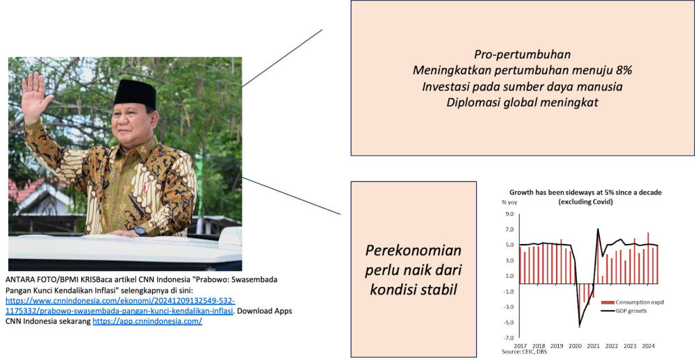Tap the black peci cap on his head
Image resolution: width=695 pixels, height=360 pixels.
tap(135, 93)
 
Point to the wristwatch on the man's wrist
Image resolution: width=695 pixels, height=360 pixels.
tap(140, 231)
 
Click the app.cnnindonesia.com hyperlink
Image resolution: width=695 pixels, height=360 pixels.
tap(147, 321)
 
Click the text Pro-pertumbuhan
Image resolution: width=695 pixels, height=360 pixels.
tap(522, 54)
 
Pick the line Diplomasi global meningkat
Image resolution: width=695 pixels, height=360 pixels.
tap(522, 102)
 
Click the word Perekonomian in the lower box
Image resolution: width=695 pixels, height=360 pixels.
tap(413, 250)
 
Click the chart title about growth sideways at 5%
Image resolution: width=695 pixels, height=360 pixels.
tap(585, 197)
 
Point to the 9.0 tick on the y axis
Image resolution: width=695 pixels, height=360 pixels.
tap(509, 214)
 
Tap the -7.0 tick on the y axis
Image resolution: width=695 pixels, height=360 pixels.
tap(508, 338)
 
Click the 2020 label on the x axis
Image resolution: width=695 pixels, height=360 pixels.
tap(575, 346)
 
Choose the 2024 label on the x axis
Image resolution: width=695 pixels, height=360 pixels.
tap(648, 346)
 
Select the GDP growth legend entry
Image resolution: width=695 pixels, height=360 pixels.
tap(623, 311)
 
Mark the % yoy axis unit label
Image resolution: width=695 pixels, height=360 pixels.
tap(509, 202)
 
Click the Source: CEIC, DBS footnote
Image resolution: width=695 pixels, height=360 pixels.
tap(524, 352)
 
